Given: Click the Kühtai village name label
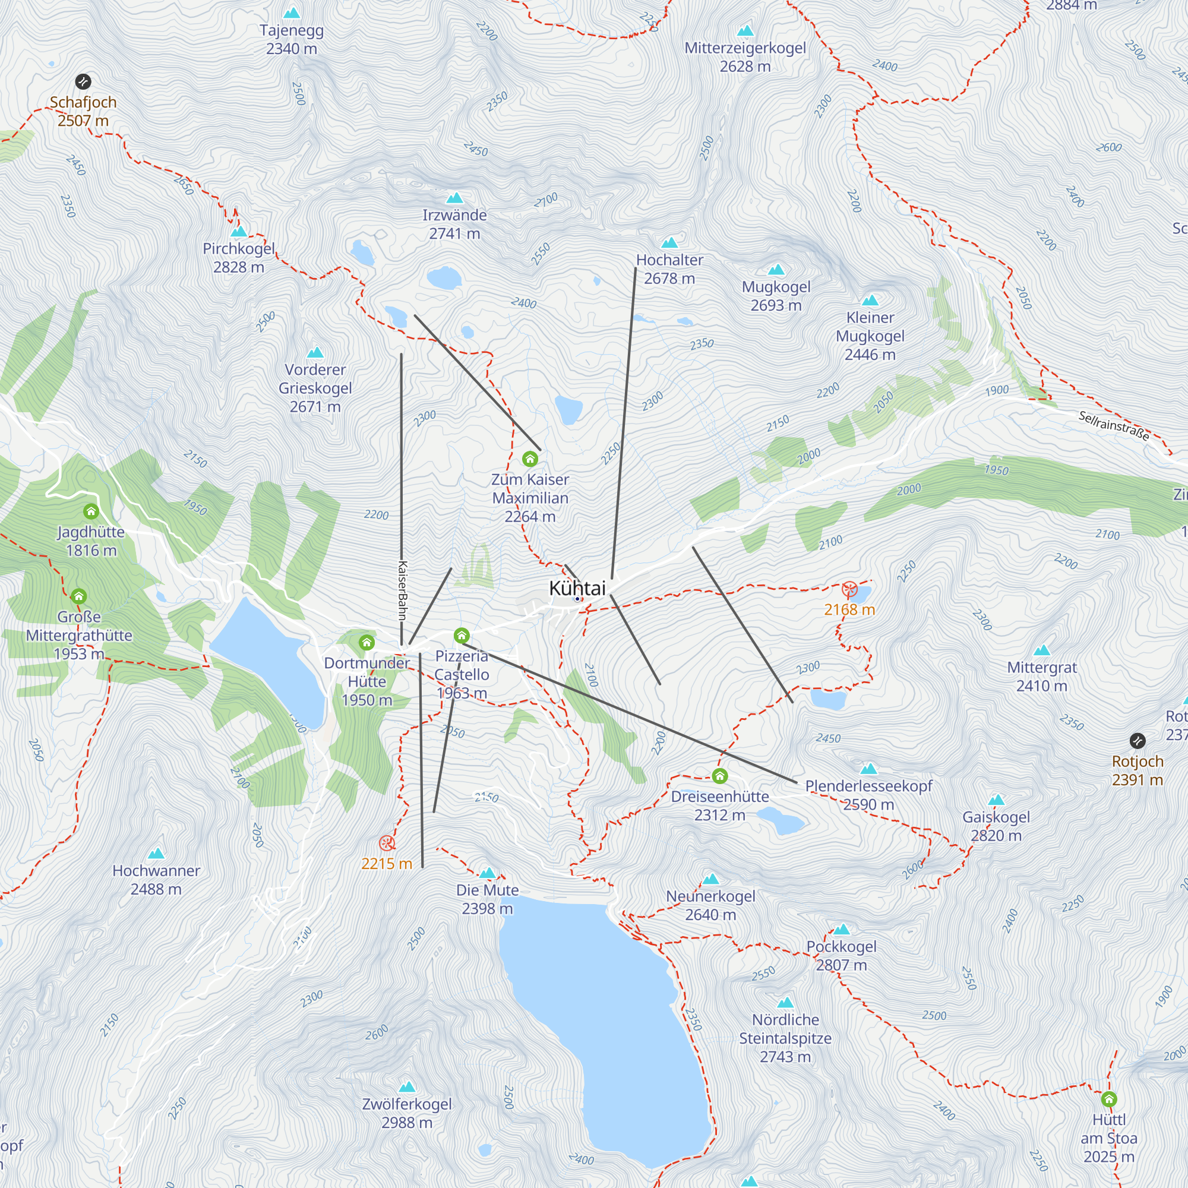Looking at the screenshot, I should click(577, 589).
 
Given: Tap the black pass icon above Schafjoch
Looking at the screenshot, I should click(83, 81).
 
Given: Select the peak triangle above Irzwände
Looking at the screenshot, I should click(454, 198).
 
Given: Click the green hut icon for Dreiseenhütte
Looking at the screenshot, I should click(719, 776).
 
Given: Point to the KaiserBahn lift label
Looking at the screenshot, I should click(402, 590).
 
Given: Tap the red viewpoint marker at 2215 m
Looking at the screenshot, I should click(387, 843).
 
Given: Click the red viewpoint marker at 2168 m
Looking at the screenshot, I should click(849, 589).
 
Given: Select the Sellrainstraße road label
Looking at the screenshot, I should click(1114, 426).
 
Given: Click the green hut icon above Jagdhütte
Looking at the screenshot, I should click(91, 511).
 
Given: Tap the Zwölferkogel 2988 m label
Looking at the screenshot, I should click(406, 1113).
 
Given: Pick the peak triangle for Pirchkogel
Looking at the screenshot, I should click(239, 232).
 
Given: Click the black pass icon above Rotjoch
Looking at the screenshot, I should click(1137, 740).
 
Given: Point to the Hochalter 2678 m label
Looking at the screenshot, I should click(669, 269).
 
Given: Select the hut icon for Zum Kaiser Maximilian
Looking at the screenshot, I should click(529, 459).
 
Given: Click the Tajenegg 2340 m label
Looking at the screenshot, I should click(292, 39).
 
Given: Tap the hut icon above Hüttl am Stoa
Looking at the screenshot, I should click(1108, 1099).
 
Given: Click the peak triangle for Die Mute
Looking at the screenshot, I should click(487, 873).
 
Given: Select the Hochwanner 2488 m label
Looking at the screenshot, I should click(156, 879).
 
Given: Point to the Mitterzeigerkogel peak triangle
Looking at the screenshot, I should click(745, 31).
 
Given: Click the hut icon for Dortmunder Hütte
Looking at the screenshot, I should click(366, 643).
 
